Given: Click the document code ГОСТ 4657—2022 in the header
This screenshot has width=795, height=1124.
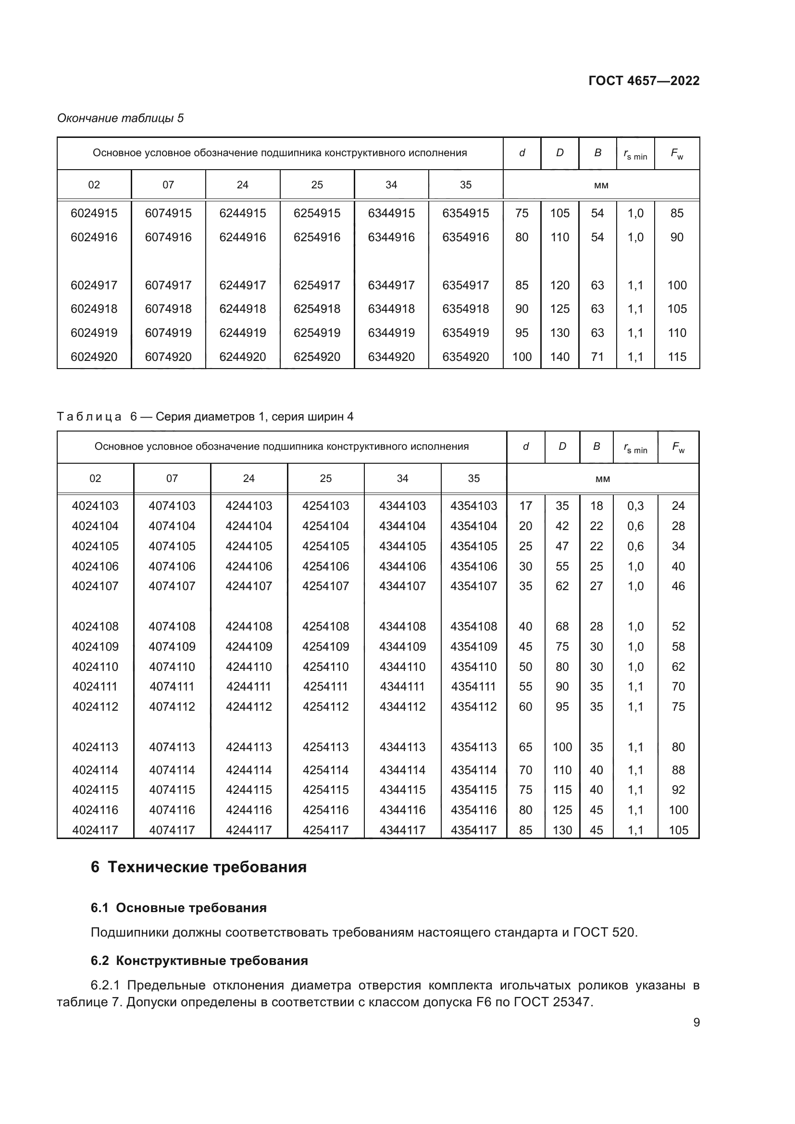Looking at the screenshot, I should pyautogui.click(x=644, y=81).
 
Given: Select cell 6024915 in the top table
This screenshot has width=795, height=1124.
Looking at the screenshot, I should pyautogui.click(x=94, y=213).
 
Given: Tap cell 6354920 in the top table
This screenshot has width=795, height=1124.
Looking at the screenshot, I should pyautogui.click(x=466, y=357).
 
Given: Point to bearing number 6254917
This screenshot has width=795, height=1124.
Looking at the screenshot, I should pyautogui.click(x=317, y=285).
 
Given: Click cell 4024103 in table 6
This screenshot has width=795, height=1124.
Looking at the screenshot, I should pyautogui.click(x=95, y=506).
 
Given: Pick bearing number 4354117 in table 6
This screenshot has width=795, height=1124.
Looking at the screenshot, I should pyautogui.click(x=473, y=830).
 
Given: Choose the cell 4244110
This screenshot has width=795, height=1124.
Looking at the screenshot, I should pyautogui.click(x=248, y=667).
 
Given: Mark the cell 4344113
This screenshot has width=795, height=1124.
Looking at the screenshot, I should pyautogui.click(x=402, y=747).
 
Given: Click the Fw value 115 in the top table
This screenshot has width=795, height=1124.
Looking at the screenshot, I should pyautogui.click(x=677, y=357).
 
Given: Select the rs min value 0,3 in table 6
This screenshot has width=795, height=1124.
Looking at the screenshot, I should pyautogui.click(x=635, y=506).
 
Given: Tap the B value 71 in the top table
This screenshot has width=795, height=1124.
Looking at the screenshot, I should pyautogui.click(x=597, y=357).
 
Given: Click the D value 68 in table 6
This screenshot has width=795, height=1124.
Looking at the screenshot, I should pyautogui.click(x=562, y=626).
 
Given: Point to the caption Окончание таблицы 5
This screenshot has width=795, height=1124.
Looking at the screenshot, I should pyautogui.click(x=121, y=118).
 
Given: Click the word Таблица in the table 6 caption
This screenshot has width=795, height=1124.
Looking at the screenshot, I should pyautogui.click(x=89, y=417).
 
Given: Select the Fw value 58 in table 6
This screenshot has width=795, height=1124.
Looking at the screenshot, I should pyautogui.click(x=678, y=646).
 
